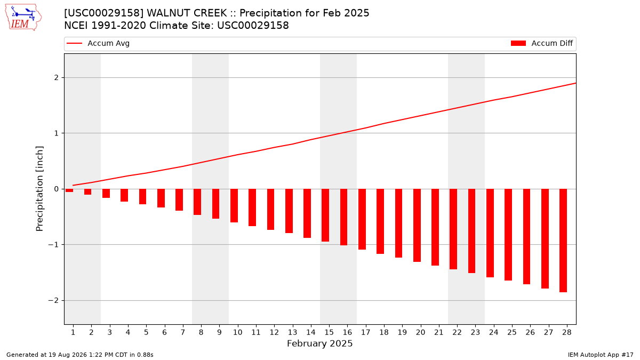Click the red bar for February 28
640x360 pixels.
pos(563,241)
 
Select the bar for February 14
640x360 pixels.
pos(307,213)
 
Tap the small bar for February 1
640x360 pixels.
pos(69,190)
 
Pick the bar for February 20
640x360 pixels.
pos(417,226)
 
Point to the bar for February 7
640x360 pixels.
pos(179,199)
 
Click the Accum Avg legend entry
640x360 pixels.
pos(98,43)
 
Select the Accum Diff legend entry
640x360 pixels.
pos(542,43)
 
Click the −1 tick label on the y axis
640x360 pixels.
pos(53,245)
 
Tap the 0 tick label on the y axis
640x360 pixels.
pos(57,189)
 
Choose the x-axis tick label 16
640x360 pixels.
pos(347,332)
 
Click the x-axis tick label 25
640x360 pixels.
pos(511,332)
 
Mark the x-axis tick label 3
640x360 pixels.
pos(109,332)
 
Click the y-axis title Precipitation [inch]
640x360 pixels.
pos(39,189)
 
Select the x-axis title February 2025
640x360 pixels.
pos(319,343)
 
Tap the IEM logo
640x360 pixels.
pos(23,18)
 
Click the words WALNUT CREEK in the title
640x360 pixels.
pos(187,13)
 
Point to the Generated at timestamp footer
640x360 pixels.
pos(79,355)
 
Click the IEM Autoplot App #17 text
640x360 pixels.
pos(601,355)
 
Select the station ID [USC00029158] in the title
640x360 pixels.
pos(103,13)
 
